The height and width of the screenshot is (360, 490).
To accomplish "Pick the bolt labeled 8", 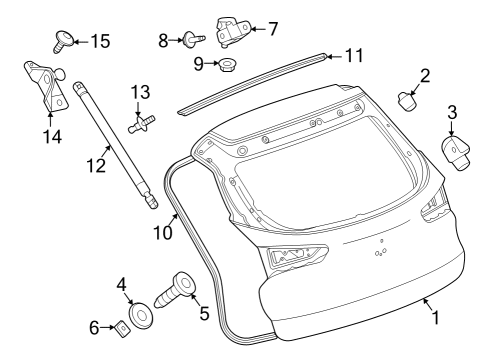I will point(190,40).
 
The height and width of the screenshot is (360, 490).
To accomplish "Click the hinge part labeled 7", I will point(231,30).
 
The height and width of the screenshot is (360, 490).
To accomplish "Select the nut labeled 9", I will point(228,65).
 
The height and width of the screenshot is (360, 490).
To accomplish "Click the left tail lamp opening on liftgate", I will point(294,258).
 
